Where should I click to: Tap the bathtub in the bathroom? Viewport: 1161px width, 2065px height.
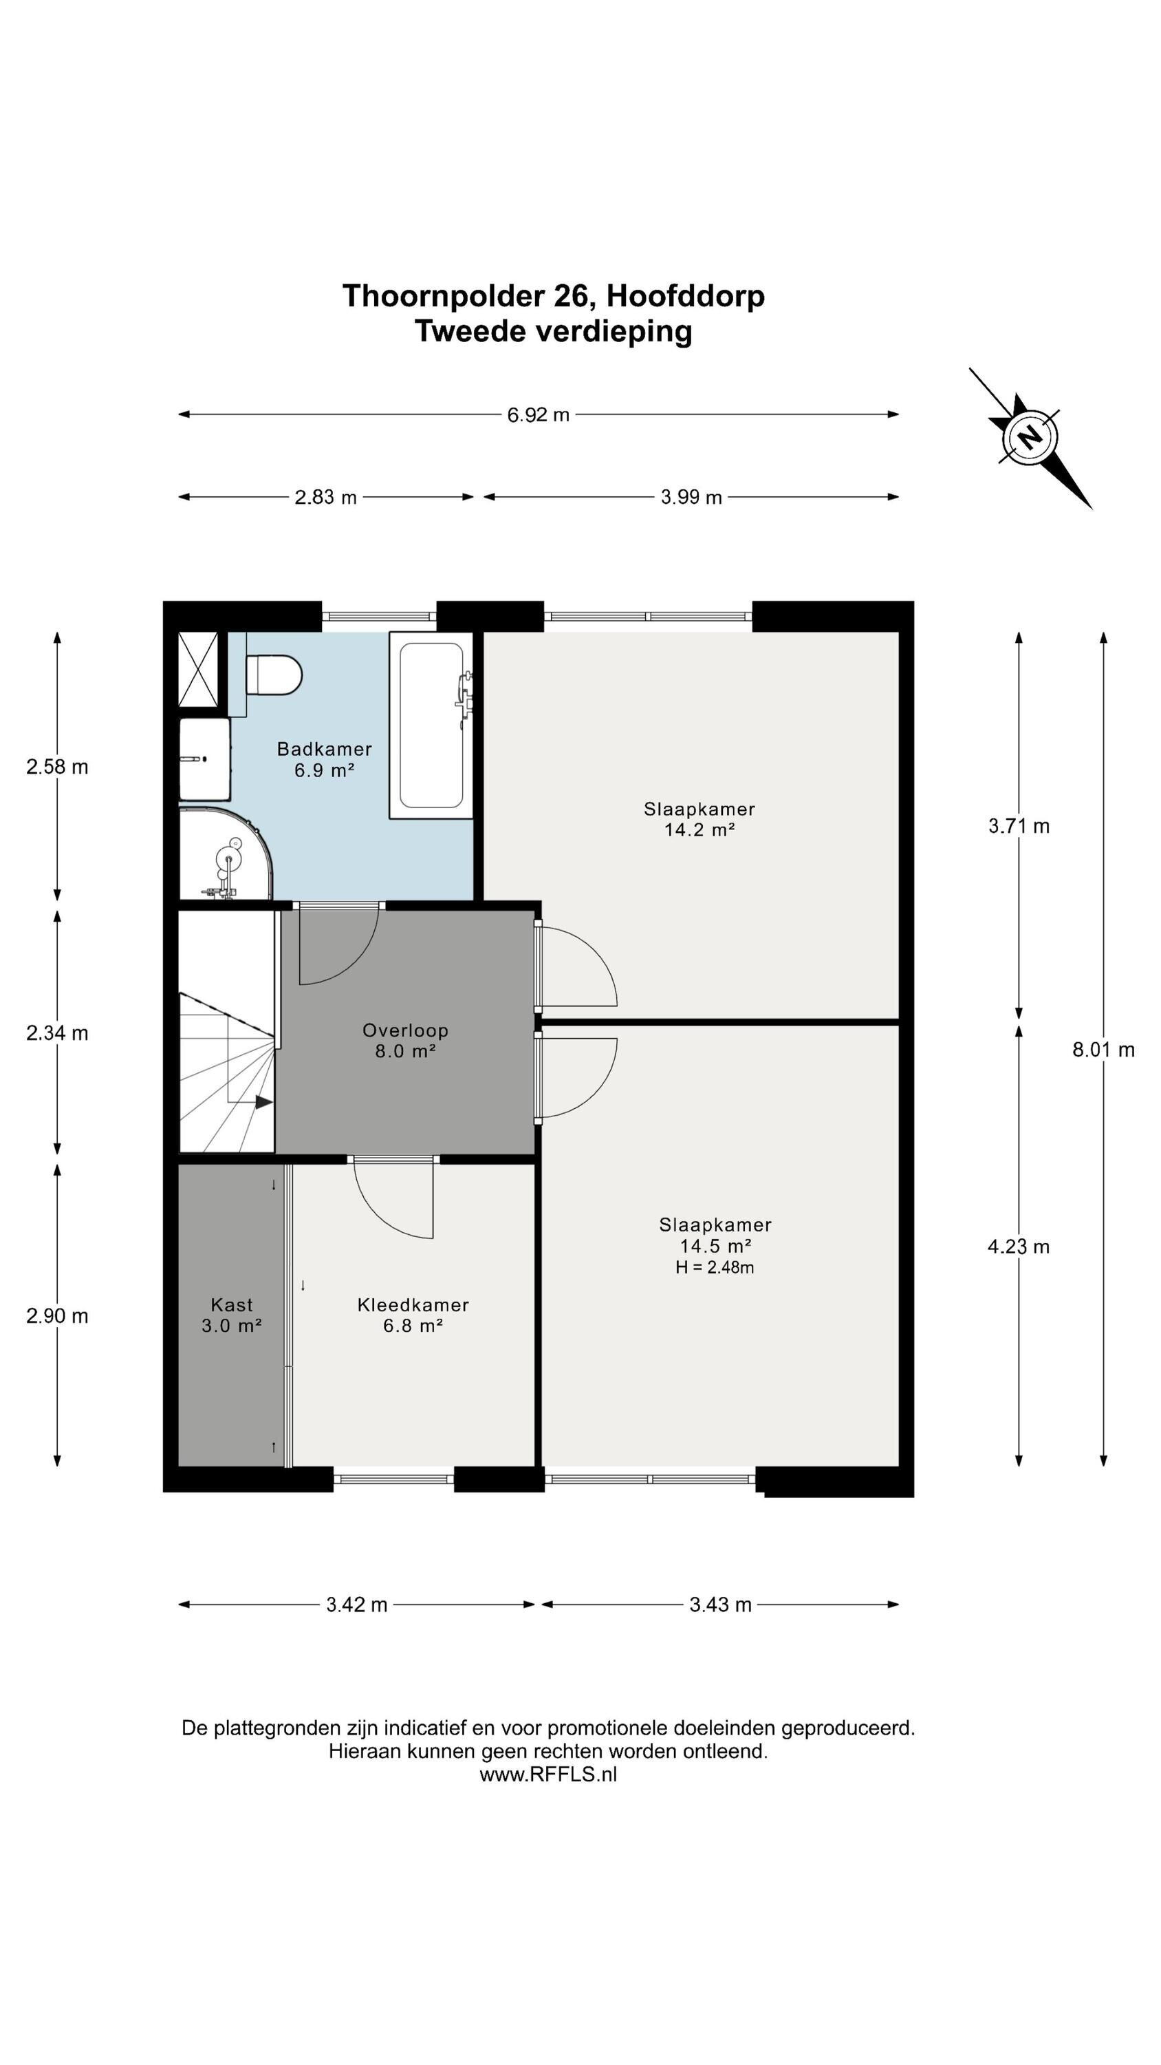point(431,725)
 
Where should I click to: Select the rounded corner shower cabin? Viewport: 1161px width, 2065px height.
point(225,854)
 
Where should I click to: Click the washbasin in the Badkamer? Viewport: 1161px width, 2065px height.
point(204,759)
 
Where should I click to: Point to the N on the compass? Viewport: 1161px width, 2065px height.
point(1030,438)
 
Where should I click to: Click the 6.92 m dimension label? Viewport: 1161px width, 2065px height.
point(539,414)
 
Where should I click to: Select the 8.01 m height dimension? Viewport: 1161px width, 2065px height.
point(1103,1049)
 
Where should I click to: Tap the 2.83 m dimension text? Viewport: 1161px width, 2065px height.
point(325,497)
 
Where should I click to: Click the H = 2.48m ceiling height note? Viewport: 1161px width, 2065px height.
point(715,1267)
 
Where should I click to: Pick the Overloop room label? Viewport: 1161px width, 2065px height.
point(405,1030)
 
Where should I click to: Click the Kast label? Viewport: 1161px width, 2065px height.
point(232,1304)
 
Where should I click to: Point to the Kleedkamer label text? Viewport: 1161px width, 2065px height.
point(413,1304)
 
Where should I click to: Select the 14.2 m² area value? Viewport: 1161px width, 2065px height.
point(699,829)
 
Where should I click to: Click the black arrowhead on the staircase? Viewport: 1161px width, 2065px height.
point(263,1102)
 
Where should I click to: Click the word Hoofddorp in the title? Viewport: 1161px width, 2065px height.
point(685,296)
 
